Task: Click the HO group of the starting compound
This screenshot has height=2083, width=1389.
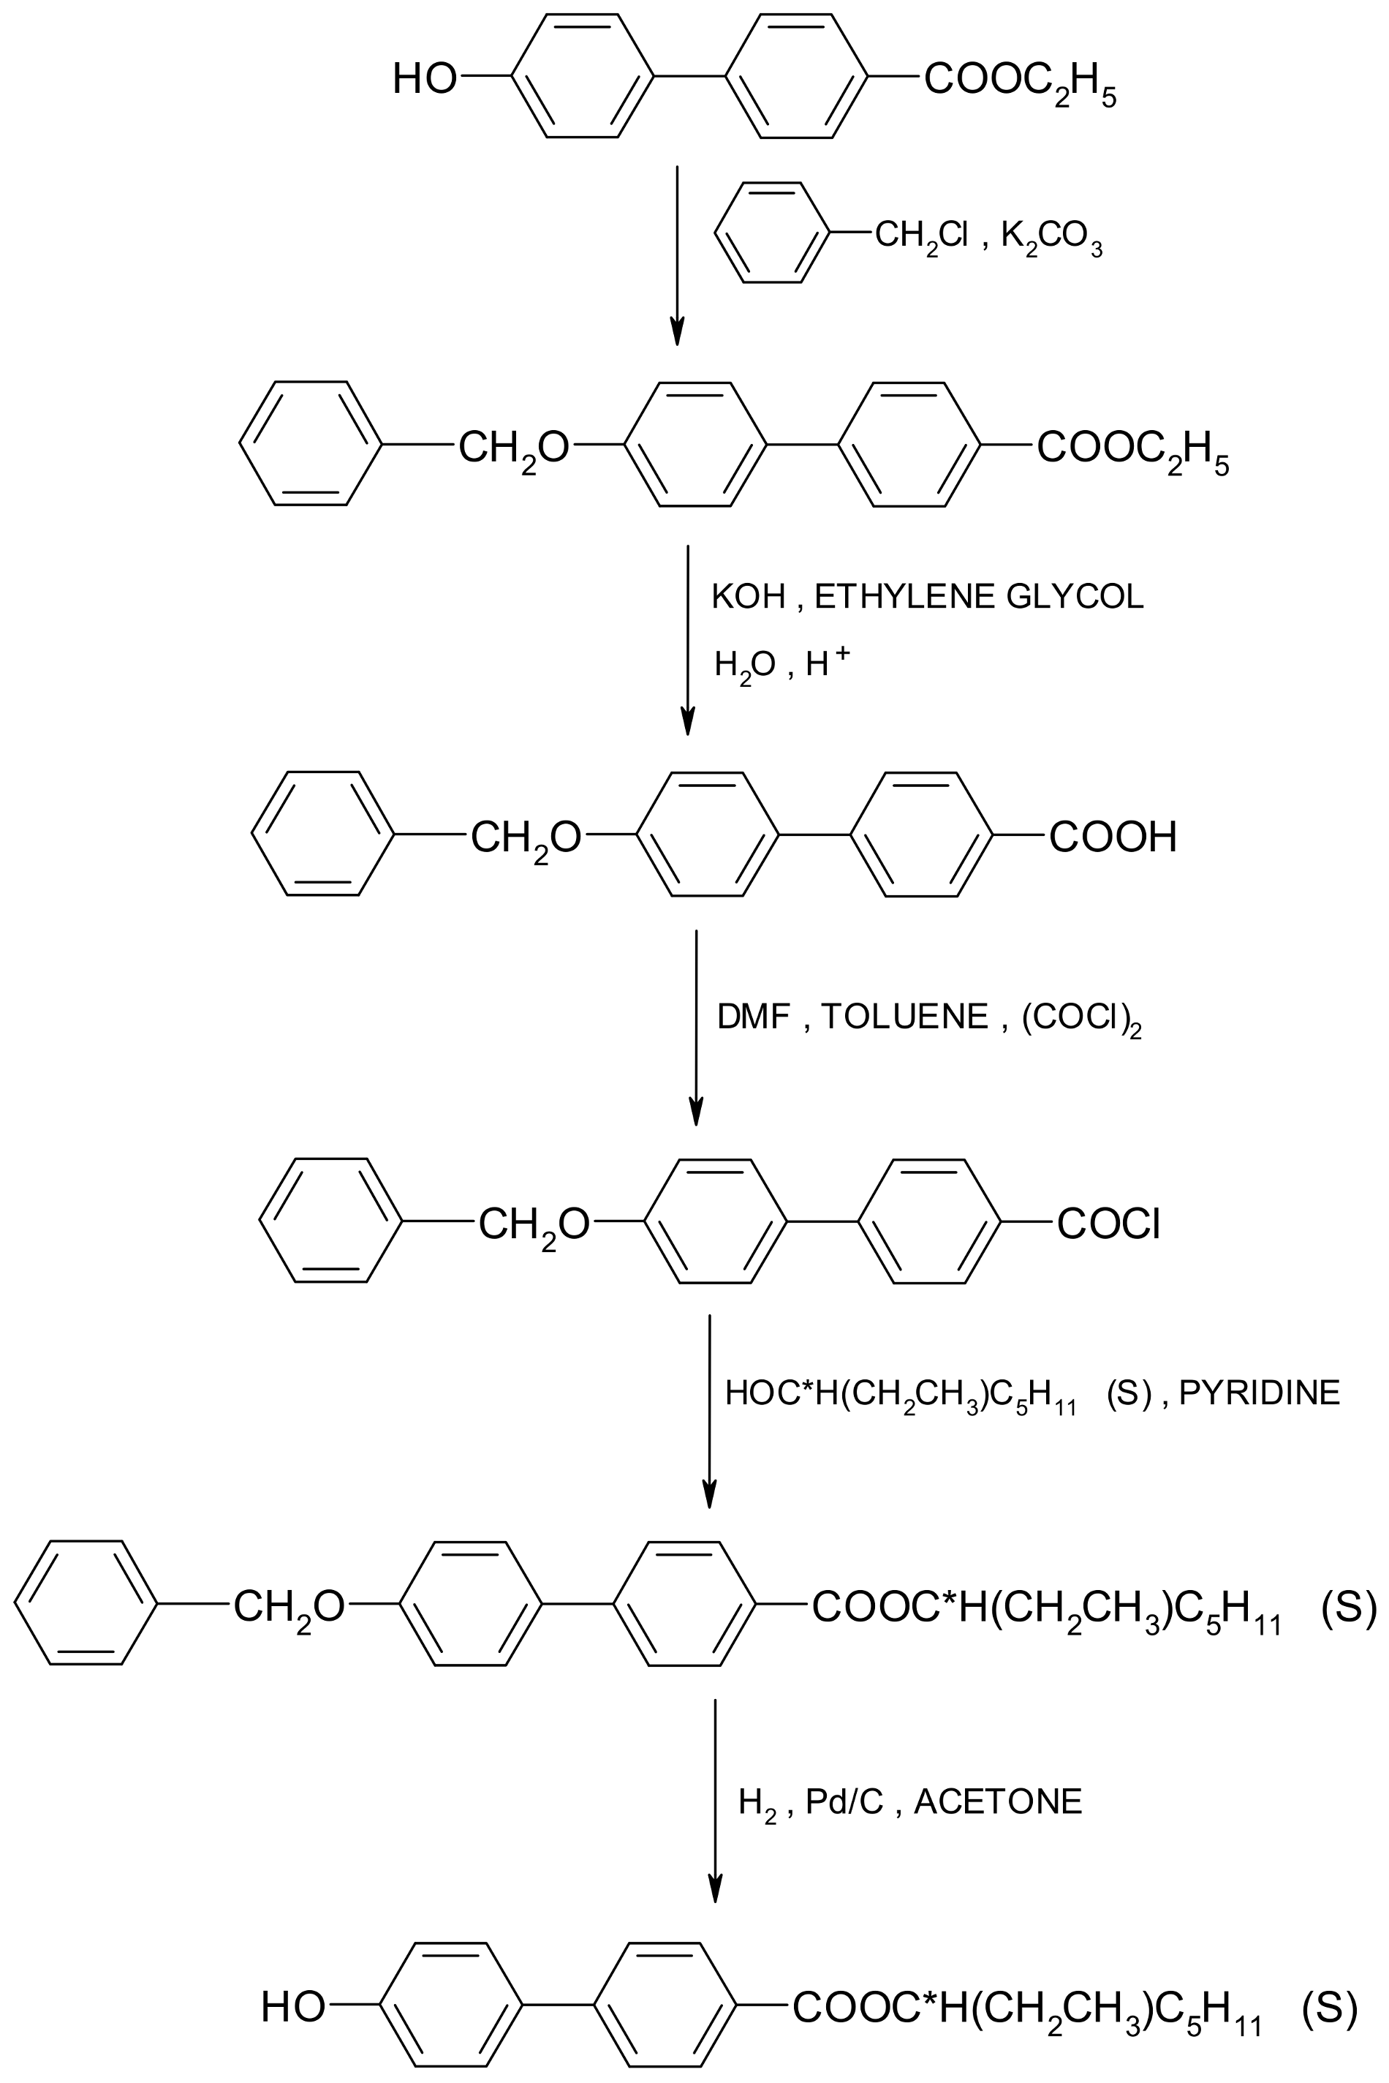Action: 424,78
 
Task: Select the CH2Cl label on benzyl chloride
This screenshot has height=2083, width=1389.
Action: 921,236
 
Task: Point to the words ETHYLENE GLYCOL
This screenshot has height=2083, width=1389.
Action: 979,597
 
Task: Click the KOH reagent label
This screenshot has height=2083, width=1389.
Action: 749,597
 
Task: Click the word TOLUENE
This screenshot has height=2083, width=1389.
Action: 904,1016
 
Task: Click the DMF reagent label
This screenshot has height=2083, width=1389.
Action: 753,1016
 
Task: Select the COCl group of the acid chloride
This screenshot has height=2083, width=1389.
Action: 1108,1224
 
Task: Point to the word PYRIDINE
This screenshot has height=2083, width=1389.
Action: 1259,1393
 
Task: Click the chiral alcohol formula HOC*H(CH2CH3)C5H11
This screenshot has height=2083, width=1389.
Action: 900,1395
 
